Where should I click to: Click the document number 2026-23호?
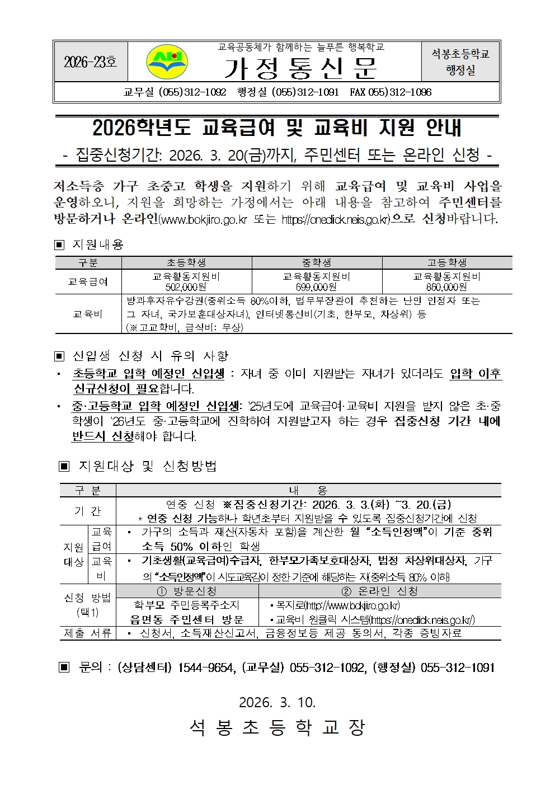pyautogui.click(x=90, y=62)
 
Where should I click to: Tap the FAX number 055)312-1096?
pyautogui.click(x=391, y=92)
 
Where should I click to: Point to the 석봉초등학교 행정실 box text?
pyautogui.click(x=460, y=62)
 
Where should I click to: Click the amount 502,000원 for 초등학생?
pyautogui.click(x=186, y=287)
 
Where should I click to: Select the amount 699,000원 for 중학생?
pyautogui.click(x=317, y=287)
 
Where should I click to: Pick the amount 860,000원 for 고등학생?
pyautogui.click(x=447, y=287)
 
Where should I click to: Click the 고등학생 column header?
pyautogui.click(x=447, y=262)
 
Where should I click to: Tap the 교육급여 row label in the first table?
pyautogui.click(x=88, y=281)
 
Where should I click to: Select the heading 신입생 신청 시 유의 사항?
pyautogui.click(x=150, y=356)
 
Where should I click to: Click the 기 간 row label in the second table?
pyautogui.click(x=87, y=511)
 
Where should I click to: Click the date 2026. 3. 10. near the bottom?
pyautogui.click(x=277, y=702)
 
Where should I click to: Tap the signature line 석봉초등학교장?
pyautogui.click(x=277, y=727)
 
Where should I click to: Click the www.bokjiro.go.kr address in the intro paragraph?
pyautogui.click(x=203, y=219)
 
